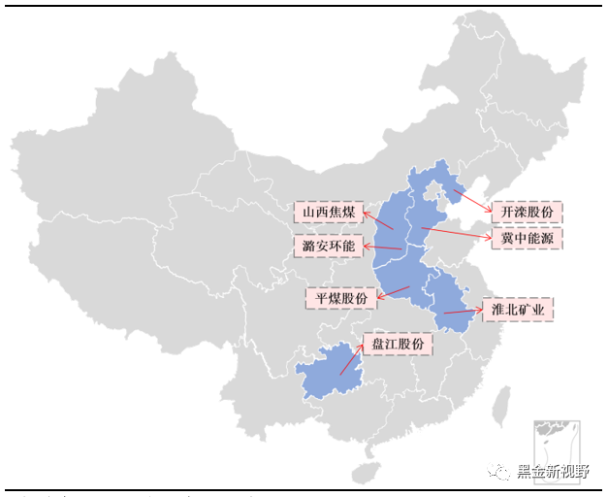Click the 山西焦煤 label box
[x=329, y=212]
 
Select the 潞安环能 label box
[x=329, y=247]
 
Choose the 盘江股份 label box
[x=398, y=344]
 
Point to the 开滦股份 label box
[x=527, y=212]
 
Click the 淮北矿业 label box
[x=519, y=310]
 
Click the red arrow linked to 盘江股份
[x=352, y=357]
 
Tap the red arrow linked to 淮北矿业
[x=464, y=312]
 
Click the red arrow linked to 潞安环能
[x=384, y=248]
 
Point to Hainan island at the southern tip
[x=364, y=473]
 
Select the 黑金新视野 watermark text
[x=552, y=472]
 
